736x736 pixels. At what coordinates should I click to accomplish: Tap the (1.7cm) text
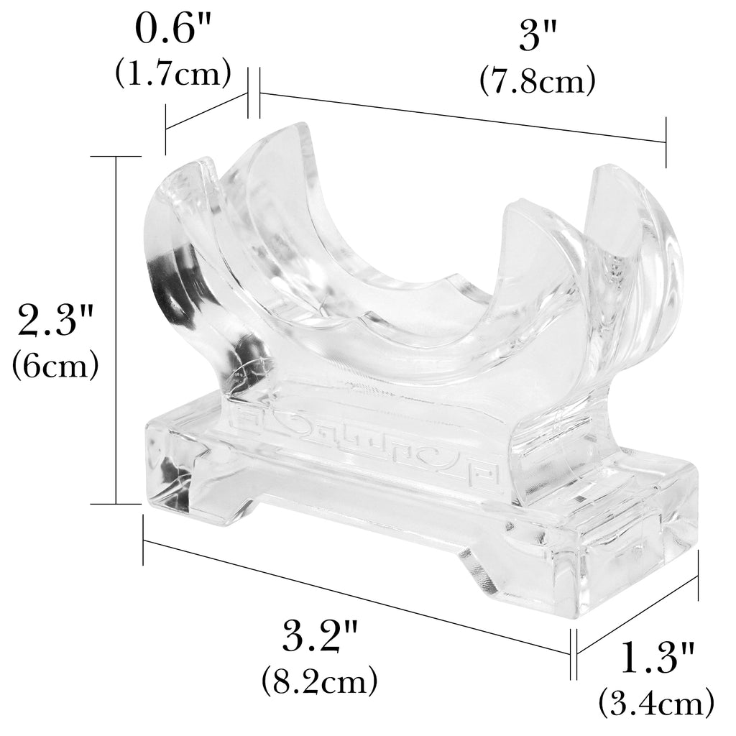click(x=173, y=73)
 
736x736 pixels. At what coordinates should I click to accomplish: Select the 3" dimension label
click(x=537, y=36)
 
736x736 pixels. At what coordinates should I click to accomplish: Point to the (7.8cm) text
click(x=537, y=80)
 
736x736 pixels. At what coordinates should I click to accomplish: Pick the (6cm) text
click(x=55, y=364)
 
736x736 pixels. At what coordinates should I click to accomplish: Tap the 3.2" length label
click(x=319, y=637)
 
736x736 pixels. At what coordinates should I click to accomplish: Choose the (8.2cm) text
click(x=319, y=681)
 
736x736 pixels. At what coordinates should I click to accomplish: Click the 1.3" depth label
click(x=656, y=658)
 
